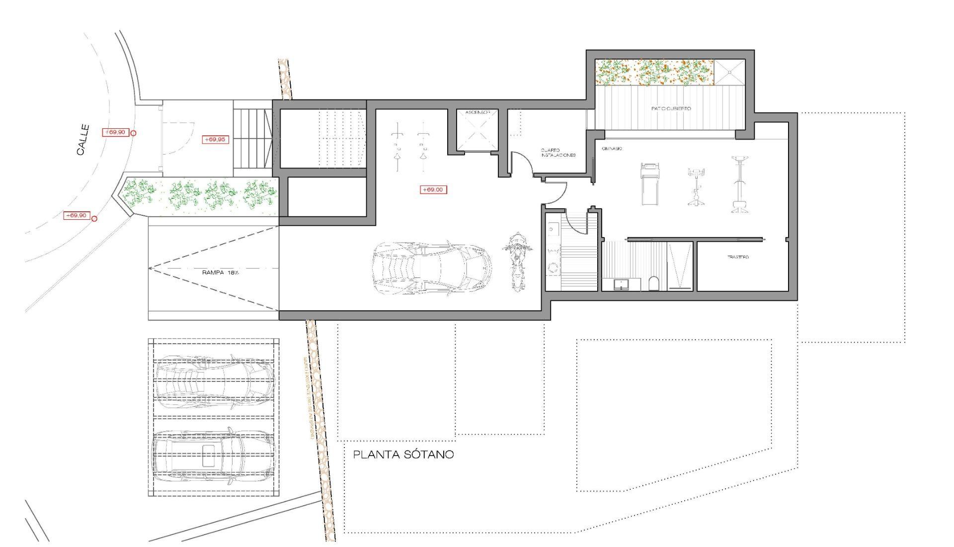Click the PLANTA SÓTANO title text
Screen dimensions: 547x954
coord(403,455)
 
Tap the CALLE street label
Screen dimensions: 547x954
coord(83,140)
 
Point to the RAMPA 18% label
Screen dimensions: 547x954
coord(221,273)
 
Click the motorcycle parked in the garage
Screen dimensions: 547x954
coord(517,261)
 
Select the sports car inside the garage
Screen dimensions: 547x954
coord(431,269)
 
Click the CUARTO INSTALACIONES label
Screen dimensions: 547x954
coord(558,152)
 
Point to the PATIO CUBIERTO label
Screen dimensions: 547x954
coord(671,108)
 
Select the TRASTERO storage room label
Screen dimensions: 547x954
coord(738,257)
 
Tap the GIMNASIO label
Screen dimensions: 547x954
coord(612,148)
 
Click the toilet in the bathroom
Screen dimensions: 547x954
coord(654,283)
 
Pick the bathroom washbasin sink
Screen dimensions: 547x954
coord(621,284)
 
